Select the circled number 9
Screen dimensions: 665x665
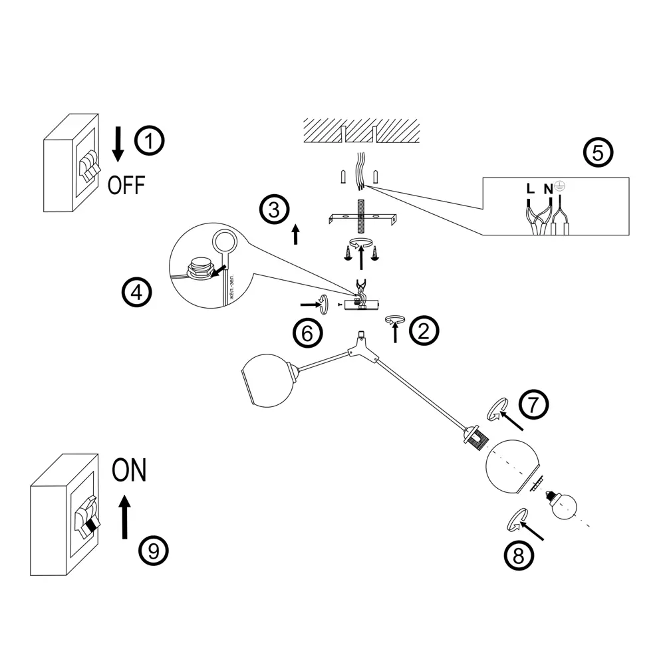point(154,549)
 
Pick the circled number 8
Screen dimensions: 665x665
point(519,557)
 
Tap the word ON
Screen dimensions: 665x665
point(128,471)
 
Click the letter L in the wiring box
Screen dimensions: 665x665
point(529,188)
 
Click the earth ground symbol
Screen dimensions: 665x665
point(559,186)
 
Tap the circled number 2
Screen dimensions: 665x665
point(424,330)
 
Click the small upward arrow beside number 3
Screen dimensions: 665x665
point(295,234)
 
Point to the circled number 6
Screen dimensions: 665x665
point(307,332)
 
